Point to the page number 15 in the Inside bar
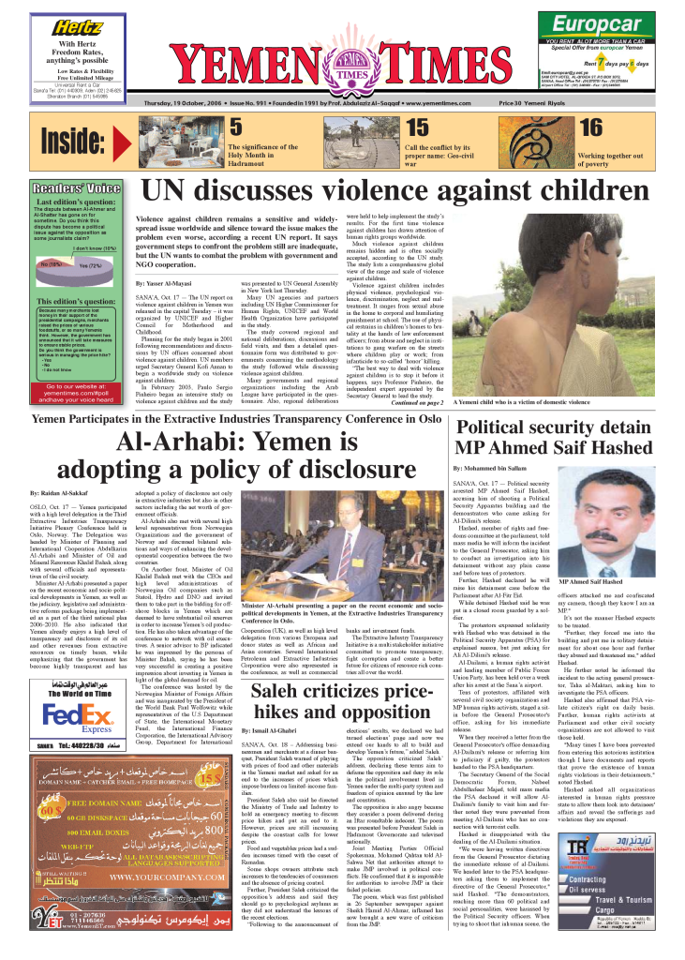point(417,127)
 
